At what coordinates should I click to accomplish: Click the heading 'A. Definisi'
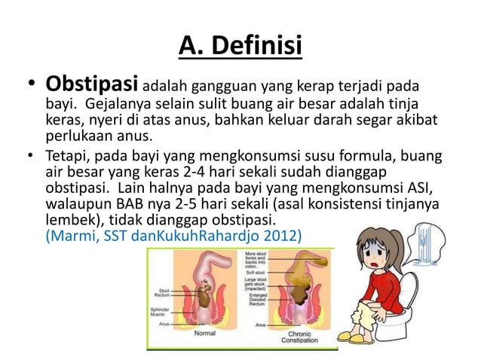tap(240, 46)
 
